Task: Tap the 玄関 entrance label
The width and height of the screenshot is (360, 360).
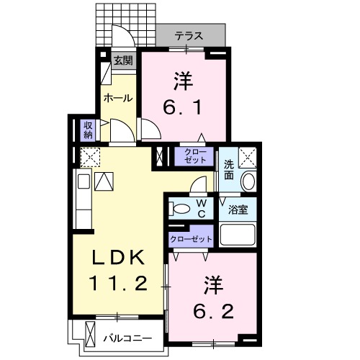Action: coord(124,61)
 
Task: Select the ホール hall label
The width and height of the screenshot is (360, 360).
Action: coord(117,98)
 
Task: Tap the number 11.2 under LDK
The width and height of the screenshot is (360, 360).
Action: coord(120,283)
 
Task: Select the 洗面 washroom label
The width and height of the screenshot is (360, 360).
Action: coord(228,168)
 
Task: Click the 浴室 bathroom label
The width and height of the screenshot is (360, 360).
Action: coord(238,210)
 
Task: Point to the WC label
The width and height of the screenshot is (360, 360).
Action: coord(202,208)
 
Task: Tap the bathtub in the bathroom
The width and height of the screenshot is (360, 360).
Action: coord(238,235)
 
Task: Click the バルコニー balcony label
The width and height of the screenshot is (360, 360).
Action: coord(127,337)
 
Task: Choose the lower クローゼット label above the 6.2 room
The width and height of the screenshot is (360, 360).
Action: coord(191,238)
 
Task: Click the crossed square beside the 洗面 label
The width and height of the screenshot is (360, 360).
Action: coord(247,156)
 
